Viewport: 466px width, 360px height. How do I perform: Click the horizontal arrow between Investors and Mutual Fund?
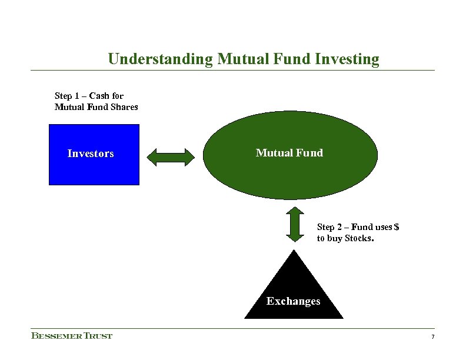171,156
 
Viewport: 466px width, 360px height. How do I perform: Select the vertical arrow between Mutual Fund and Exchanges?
294,225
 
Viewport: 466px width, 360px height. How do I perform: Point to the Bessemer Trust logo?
72,336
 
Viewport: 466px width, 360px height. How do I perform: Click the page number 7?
432,336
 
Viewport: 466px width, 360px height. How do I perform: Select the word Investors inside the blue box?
91,154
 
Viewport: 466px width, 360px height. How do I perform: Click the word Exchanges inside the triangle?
293,301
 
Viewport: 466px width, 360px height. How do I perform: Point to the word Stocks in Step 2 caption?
360,239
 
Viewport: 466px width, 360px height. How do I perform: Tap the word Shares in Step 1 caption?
124,107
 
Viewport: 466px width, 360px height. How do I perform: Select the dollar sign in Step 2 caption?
397,227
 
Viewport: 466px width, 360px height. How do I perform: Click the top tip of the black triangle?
294,252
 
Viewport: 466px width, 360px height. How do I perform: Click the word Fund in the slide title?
295,59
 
